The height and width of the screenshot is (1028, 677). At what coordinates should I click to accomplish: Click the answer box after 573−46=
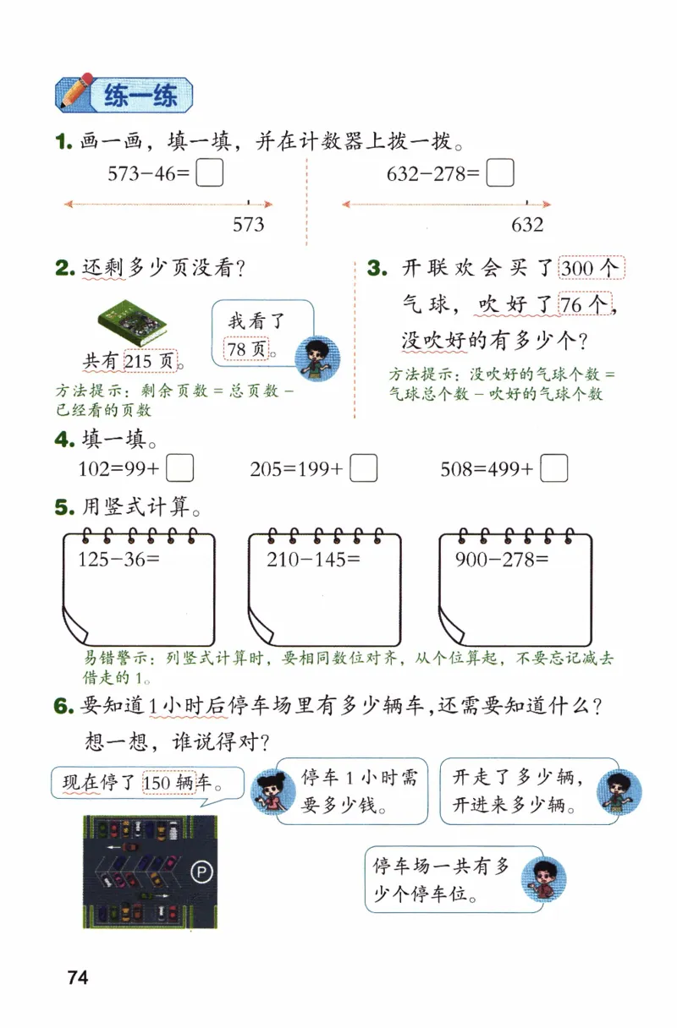(210, 173)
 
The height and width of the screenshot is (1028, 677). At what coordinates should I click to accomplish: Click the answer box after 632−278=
(501, 173)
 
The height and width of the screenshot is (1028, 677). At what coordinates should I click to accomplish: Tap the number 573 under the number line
(248, 224)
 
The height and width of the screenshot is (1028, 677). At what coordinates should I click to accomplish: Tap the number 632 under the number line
(527, 224)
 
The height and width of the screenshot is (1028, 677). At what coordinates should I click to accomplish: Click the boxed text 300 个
(591, 269)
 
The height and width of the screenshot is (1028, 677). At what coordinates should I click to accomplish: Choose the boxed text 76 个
(584, 303)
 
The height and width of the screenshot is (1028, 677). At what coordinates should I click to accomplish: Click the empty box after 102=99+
(181, 468)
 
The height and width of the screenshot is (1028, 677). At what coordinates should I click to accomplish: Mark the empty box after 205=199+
(364, 468)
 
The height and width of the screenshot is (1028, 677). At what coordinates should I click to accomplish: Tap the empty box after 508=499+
(553, 468)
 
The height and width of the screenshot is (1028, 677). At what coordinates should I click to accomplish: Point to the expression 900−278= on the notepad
(502, 559)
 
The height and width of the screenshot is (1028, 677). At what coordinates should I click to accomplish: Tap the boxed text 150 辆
(169, 783)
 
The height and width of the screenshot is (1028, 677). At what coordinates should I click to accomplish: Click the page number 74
(78, 978)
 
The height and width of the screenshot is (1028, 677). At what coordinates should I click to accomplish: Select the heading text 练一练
(140, 96)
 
